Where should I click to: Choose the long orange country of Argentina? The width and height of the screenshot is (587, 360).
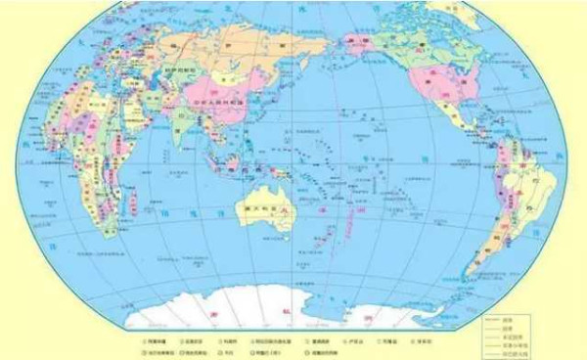pyautogui.click(x=485, y=245)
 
